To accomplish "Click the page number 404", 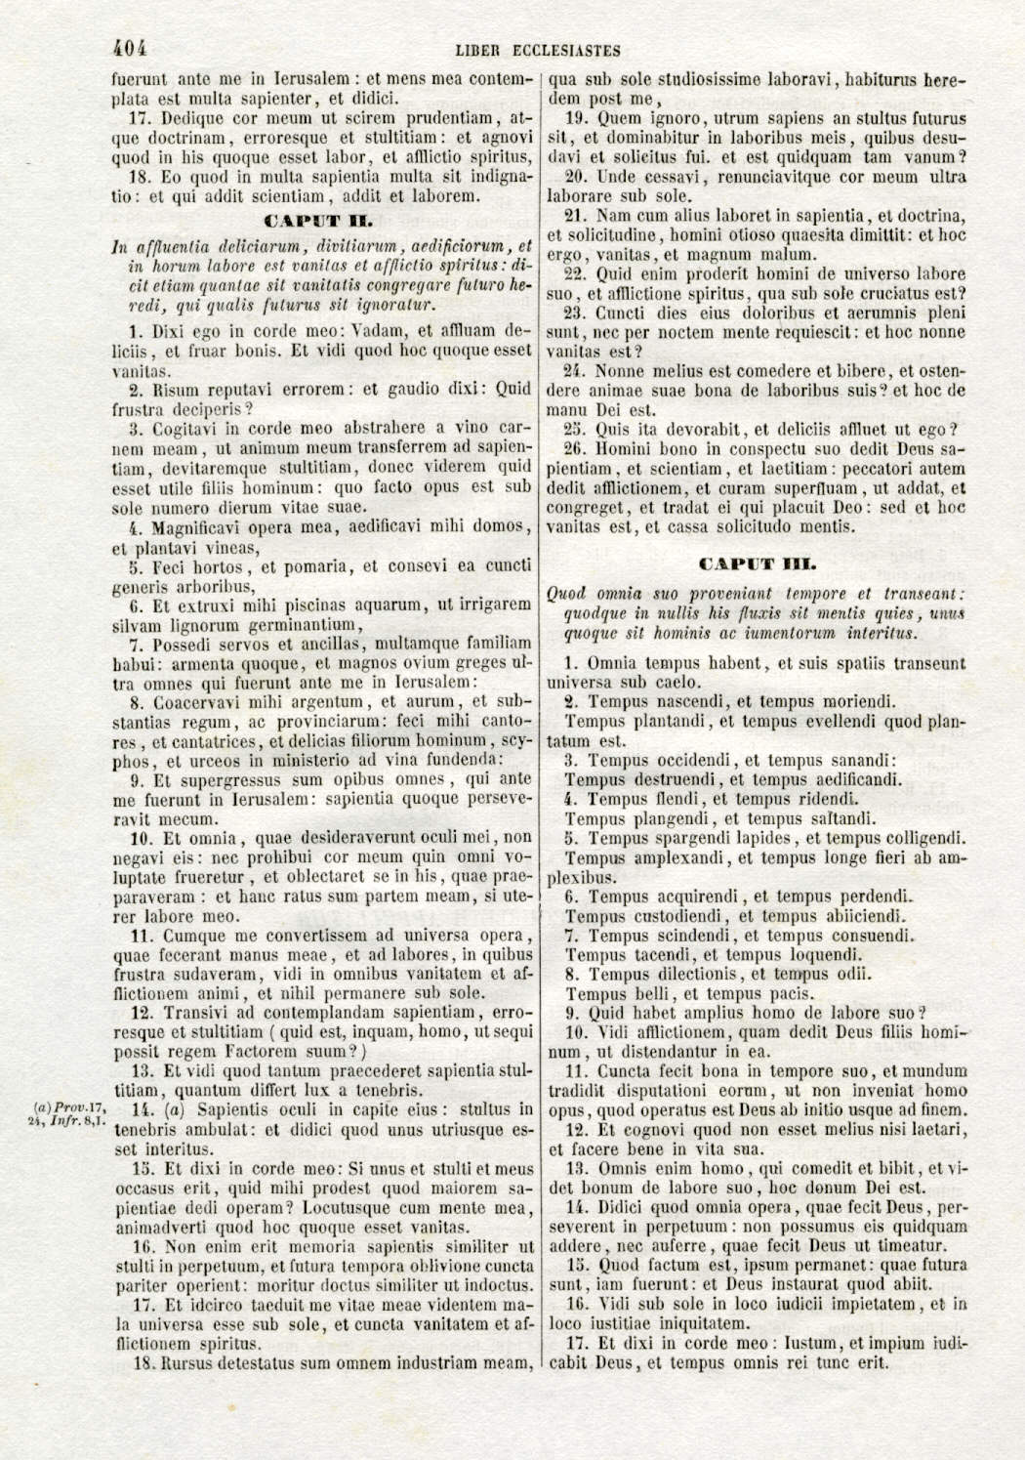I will point(129,48).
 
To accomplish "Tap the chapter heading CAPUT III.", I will point(758,563).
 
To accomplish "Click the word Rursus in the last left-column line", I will point(190,1362).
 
